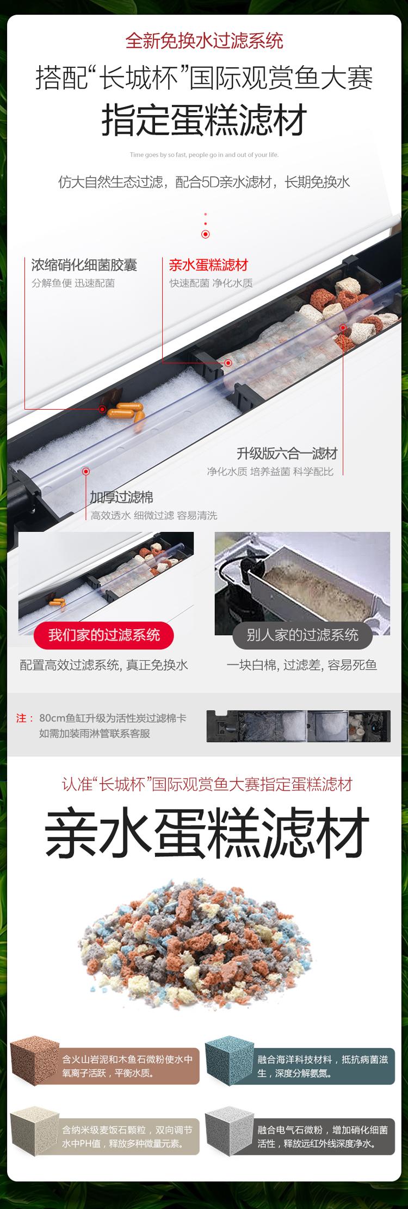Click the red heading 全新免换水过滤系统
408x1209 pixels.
point(204,41)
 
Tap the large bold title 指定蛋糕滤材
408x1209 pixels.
point(204,120)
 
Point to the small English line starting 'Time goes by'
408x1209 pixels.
point(204,155)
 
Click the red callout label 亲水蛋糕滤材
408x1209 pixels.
point(208,265)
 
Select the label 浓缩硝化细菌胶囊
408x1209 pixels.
point(84,265)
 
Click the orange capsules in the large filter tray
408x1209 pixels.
point(126,411)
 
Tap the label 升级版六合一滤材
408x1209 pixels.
point(287,453)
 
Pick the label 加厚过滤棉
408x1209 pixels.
point(121,497)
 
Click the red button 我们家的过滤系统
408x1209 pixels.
point(104,635)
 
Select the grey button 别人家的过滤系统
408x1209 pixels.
point(302,635)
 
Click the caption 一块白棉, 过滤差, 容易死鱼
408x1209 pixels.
point(302,665)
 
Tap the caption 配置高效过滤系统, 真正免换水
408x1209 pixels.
point(104,665)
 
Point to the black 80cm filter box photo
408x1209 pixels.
point(299,726)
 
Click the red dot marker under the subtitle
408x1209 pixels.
point(205,234)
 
